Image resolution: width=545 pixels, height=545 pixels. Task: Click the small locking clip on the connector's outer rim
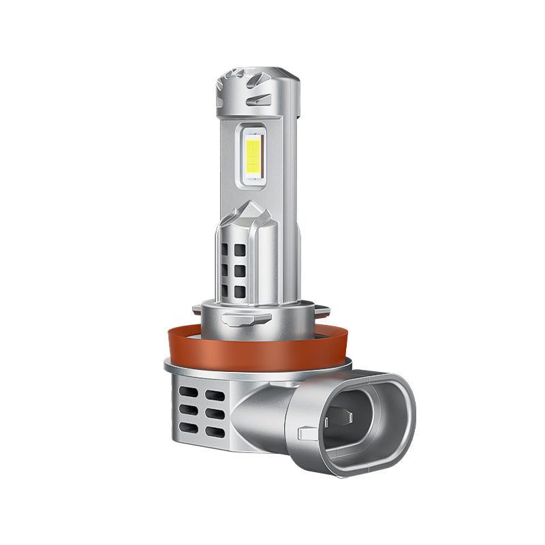(306, 431)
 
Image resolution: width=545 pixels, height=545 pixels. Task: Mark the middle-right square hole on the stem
(239, 271)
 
